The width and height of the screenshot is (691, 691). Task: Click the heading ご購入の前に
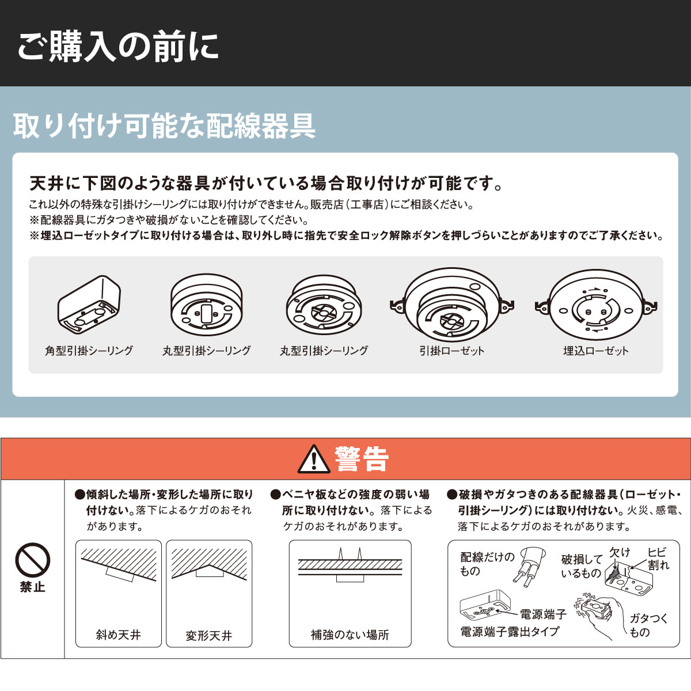pos(118,47)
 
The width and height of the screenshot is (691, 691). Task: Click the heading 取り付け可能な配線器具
pos(164,126)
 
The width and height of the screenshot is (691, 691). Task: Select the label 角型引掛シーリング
pos(89,350)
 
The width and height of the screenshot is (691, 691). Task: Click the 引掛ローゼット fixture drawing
pos(452,305)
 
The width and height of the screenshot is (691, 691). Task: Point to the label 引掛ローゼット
pos(452,350)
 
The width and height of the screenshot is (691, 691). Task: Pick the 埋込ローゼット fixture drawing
pos(596,305)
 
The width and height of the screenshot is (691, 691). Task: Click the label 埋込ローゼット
pos(596,350)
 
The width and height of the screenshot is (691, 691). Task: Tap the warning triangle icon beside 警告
pos(314,459)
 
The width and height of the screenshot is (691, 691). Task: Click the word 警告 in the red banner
pos(362,458)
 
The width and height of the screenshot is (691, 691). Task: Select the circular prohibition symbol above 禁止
pos(33,560)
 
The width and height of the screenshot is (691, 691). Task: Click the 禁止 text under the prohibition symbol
pos(33,587)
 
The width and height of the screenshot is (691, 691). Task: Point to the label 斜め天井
pos(119,635)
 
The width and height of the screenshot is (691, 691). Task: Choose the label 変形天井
pos(208,635)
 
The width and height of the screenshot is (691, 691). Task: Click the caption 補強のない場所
pos(350,635)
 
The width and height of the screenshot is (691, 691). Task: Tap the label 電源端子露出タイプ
pos(510,632)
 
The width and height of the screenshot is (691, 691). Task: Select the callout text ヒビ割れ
pos(658,559)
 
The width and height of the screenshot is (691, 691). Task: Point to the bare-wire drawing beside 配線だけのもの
pos(529,565)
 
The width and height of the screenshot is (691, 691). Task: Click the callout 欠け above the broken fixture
pos(620,552)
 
